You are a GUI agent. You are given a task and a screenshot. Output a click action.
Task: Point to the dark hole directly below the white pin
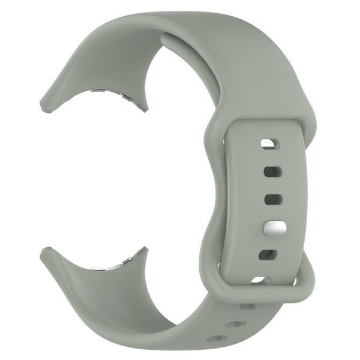(268, 256)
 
